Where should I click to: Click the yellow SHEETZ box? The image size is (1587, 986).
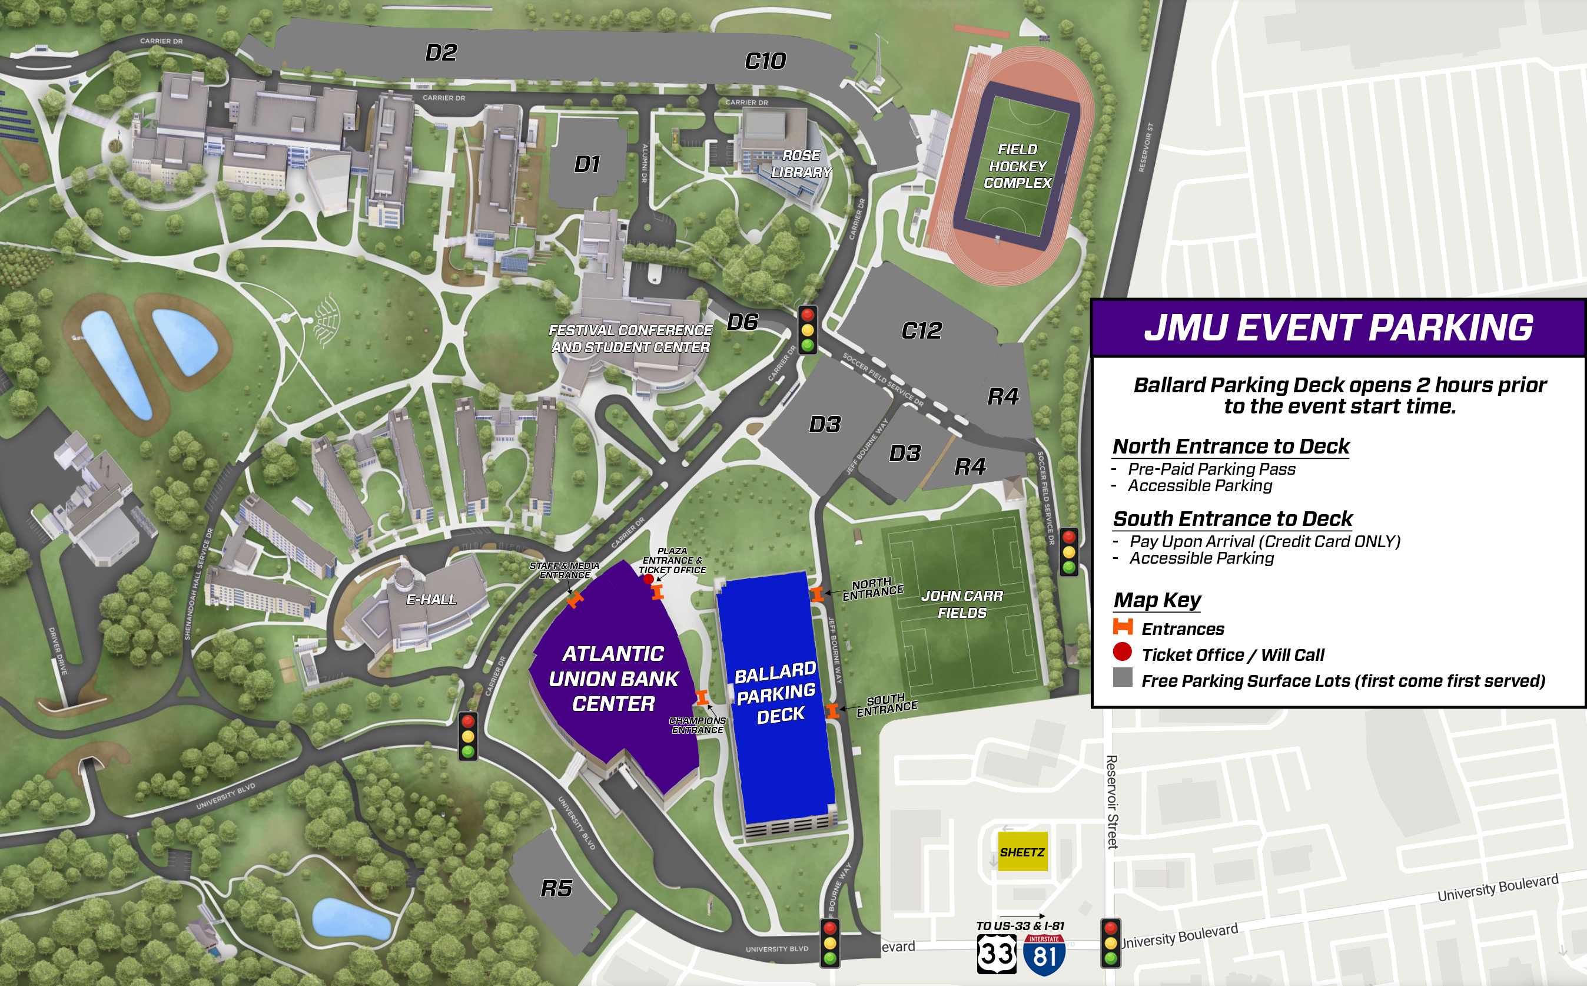pos(1022,851)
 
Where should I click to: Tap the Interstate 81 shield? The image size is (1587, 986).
pos(1044,955)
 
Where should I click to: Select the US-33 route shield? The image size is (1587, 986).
pos(997,954)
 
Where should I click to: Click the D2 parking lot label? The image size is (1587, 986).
pos(441,53)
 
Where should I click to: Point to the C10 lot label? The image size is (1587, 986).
pos(765,61)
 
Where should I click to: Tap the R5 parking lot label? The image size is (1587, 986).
pos(556,888)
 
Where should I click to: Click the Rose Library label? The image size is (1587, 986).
pos(801,164)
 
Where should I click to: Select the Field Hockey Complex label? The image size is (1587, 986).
pos(1017,166)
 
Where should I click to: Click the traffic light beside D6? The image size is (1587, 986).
pos(808,330)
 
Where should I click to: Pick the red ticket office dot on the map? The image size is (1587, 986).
pos(648,579)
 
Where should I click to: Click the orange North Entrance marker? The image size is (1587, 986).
pos(816,594)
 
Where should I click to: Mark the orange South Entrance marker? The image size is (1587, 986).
pos(832,711)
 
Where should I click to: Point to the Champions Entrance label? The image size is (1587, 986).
pos(697,725)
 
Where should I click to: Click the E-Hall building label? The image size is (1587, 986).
pos(431,599)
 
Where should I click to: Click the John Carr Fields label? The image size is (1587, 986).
pos(961,604)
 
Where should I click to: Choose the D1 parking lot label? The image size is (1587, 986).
pos(586,164)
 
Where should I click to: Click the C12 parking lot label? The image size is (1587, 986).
pos(921,330)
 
